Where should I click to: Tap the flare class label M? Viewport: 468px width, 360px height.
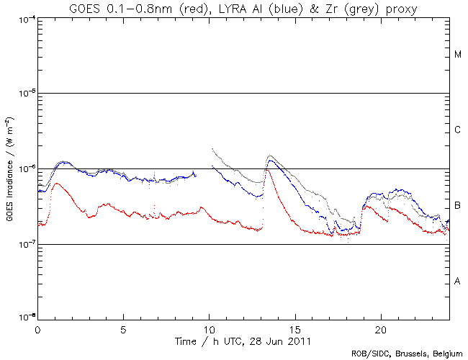click(458, 55)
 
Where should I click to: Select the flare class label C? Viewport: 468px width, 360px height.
click(458, 130)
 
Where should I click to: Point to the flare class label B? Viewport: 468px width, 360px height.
click(458, 206)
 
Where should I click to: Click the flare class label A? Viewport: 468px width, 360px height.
click(458, 281)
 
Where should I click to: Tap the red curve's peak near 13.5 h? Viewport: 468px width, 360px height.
click(268, 170)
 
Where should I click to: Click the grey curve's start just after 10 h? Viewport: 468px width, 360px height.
click(212, 149)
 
